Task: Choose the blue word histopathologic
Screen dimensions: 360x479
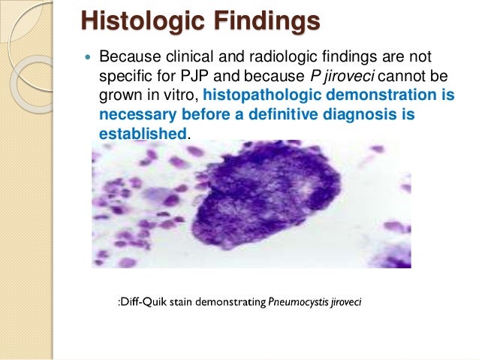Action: [x=267, y=96]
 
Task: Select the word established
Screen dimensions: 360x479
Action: [x=142, y=134]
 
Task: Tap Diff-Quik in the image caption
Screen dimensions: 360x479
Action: [x=146, y=302]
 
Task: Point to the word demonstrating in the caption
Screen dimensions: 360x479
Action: [x=235, y=302]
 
